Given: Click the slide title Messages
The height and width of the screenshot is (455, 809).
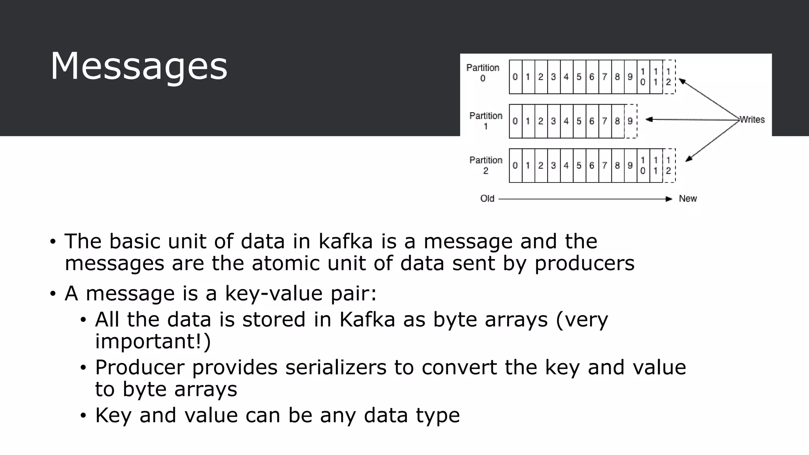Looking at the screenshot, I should (139, 66).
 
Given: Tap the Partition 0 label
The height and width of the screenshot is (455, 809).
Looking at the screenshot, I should (483, 73).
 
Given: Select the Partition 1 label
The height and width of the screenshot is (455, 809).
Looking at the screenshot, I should (485, 121).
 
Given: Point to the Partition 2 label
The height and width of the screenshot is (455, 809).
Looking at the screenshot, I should (485, 165).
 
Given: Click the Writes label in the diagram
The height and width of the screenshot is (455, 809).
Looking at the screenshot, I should (752, 119).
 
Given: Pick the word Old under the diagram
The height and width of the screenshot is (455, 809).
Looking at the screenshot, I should (487, 198).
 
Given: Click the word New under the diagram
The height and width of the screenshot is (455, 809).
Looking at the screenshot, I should (688, 198).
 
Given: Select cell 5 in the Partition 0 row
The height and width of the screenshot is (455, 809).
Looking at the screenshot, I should (579, 77).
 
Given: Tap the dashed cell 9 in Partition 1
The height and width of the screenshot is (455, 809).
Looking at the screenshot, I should (630, 121).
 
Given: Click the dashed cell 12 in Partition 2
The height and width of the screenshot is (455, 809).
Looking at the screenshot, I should (668, 165).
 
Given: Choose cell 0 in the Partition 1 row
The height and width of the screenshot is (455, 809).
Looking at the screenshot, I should (515, 121).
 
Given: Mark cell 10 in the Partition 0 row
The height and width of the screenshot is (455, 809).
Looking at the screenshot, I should (643, 77).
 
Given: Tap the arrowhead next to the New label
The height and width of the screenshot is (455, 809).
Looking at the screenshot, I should (669, 199).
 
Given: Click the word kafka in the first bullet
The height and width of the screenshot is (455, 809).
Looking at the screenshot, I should (346, 241).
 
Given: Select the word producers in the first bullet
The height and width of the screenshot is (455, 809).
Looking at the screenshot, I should (584, 263).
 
